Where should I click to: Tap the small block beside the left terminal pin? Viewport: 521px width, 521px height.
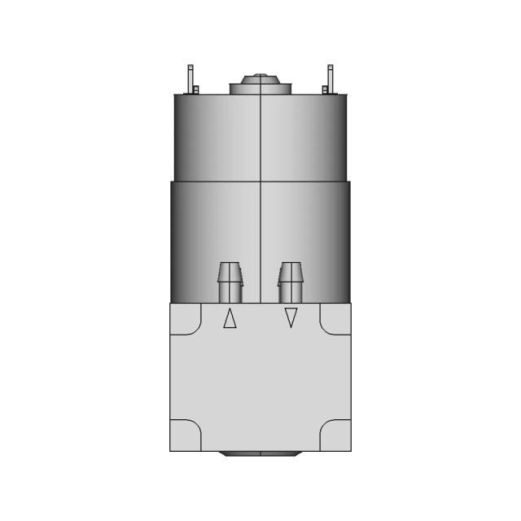tap(196, 89)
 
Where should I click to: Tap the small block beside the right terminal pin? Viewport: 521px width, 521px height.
tap(325, 89)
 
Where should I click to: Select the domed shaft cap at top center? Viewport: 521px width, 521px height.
tap(259, 79)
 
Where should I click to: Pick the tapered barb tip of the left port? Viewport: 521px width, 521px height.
tap(230, 269)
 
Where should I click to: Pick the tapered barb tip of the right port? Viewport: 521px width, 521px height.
tap(291, 269)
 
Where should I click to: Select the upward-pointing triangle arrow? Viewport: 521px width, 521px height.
tap(230, 319)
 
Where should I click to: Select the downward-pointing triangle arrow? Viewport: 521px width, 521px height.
tap(291, 318)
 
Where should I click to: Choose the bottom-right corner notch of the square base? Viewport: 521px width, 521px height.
tap(335, 436)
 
